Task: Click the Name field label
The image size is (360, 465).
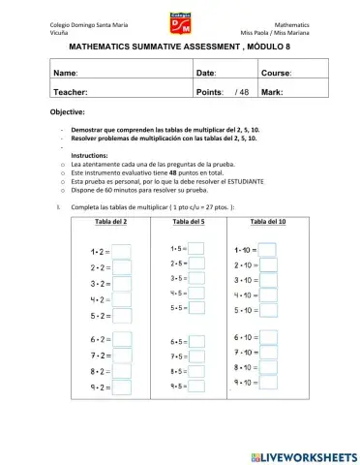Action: pyautogui.click(x=66, y=73)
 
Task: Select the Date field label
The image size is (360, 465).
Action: pyautogui.click(x=206, y=73)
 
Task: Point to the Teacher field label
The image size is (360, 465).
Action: pyautogui.click(x=71, y=91)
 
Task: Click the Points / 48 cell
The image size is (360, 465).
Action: pyautogui.click(x=223, y=91)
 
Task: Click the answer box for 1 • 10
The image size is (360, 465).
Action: pyautogui.click(x=268, y=250)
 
